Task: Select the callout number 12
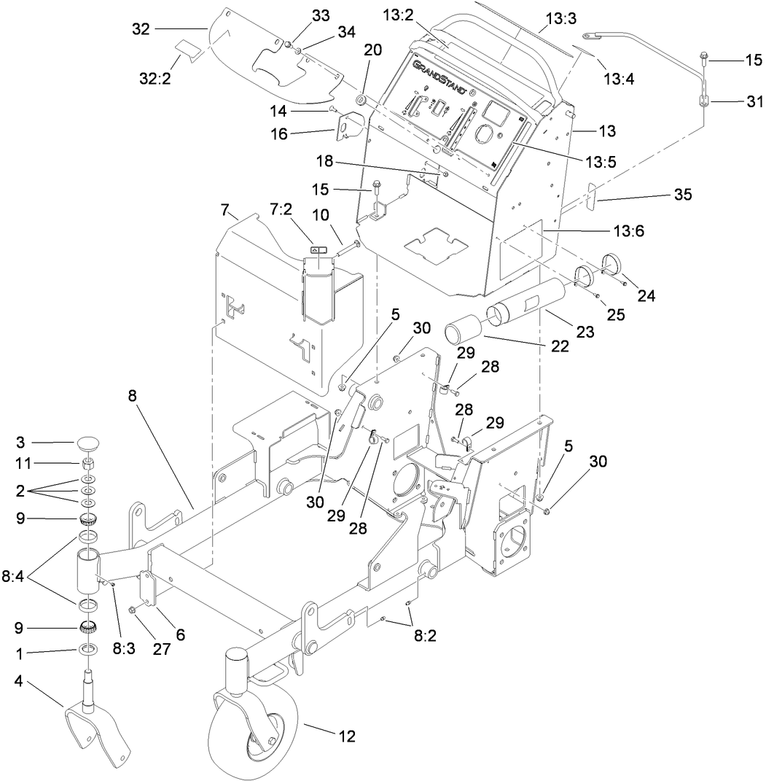click(346, 736)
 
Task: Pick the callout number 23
click(585, 332)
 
